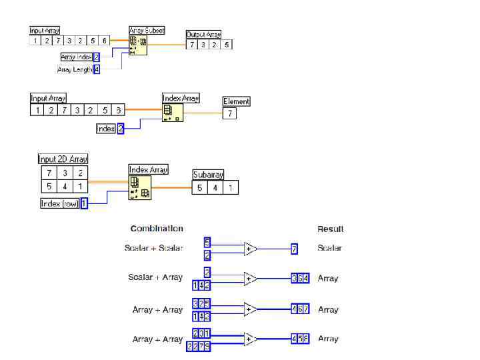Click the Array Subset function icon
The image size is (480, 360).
[138, 45]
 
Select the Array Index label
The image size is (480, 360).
[76, 57]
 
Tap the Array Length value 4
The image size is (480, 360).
[97, 69]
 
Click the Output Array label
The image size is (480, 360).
[203, 35]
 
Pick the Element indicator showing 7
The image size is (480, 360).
[229, 113]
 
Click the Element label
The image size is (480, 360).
[236, 101]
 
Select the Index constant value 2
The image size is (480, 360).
[121, 129]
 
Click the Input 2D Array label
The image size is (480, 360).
[63, 159]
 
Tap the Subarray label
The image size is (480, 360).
[208, 175]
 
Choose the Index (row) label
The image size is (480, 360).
[60, 204]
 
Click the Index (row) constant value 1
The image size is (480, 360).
[84, 204]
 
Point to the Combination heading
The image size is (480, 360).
[157, 229]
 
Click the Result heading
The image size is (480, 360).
[330, 229]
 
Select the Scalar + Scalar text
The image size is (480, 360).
[153, 248]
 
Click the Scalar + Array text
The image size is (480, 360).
[155, 277]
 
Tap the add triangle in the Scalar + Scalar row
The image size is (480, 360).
[250, 249]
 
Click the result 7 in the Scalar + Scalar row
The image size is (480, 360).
[294, 249]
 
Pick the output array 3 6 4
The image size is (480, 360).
[300, 279]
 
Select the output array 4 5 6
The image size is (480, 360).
[300, 339]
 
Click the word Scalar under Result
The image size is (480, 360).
[329, 248]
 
